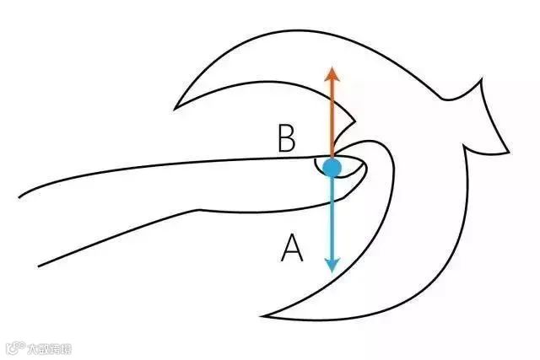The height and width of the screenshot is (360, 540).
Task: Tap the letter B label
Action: click(287, 139)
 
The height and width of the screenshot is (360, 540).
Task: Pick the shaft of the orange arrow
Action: click(332, 118)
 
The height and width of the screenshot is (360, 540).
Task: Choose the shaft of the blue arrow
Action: click(332, 219)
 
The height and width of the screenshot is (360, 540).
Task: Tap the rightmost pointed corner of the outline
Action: click(510, 152)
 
